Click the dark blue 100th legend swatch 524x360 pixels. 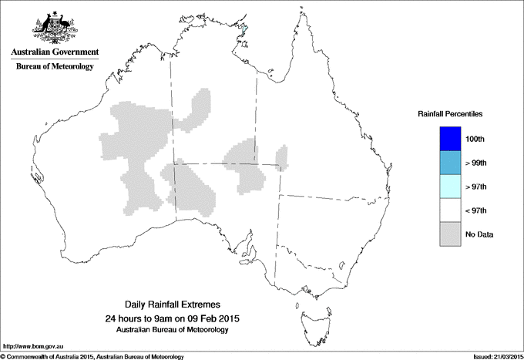click(450, 139)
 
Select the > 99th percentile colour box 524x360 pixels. click(450, 163)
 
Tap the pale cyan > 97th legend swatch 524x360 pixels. click(450, 187)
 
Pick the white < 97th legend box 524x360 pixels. click(450, 210)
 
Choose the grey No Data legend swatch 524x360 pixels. click(450, 234)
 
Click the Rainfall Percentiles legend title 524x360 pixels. click(450, 113)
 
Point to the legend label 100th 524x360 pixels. click(475, 140)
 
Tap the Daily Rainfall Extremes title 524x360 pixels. click(172, 305)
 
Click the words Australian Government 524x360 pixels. click(54, 52)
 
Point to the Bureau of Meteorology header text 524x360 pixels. click(54, 67)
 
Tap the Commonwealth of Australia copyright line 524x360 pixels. click(92, 356)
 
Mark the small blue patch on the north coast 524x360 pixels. click(245, 31)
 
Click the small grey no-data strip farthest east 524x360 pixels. click(281, 158)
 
